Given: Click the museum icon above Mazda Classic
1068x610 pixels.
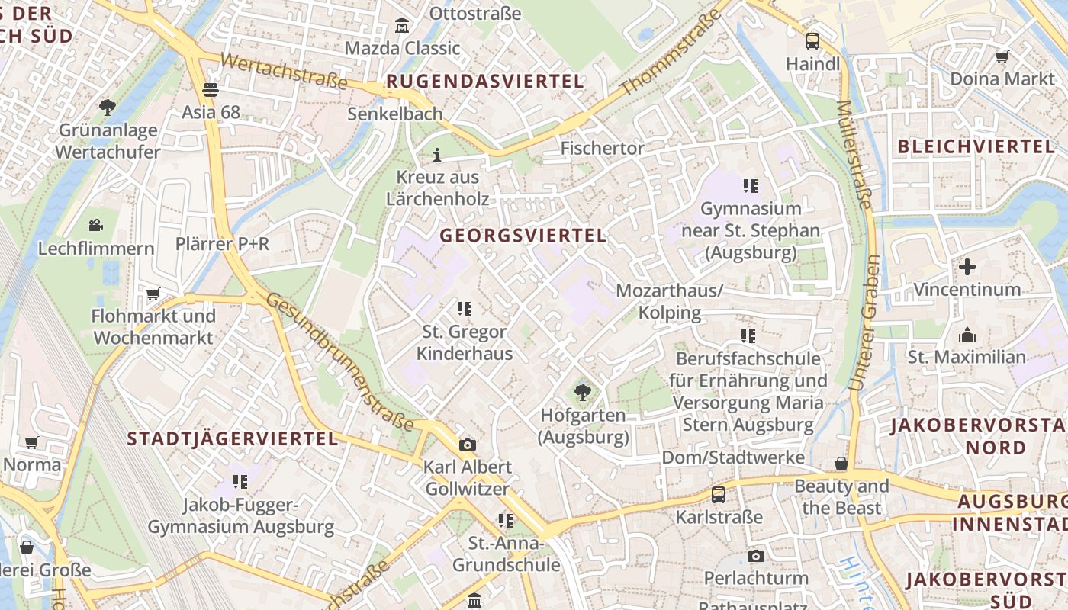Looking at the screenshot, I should click(x=402, y=27).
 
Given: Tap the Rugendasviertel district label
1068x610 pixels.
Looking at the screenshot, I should click(x=485, y=81).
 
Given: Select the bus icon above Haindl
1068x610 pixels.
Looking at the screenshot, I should click(x=812, y=41).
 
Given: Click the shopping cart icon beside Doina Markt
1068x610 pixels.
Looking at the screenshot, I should click(x=1002, y=56).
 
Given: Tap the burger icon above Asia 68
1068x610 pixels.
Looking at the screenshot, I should click(x=211, y=90).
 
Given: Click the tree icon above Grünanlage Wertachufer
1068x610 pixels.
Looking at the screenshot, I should click(x=108, y=108).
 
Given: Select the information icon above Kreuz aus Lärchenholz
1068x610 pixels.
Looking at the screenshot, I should click(x=437, y=156).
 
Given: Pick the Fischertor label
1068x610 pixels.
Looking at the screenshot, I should click(x=603, y=148).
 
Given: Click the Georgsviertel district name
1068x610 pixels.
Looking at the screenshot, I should click(x=523, y=236).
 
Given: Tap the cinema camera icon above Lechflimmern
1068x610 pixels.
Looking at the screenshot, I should click(x=95, y=226).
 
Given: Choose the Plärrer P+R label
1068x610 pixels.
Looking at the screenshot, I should click(x=223, y=244).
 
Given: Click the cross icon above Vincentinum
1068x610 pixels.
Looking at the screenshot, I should click(x=967, y=267).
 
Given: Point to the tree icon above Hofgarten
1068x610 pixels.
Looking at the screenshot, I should click(x=583, y=393).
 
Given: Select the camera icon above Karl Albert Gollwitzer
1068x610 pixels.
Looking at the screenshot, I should click(x=467, y=445).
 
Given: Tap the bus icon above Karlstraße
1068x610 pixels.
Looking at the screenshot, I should click(x=719, y=494).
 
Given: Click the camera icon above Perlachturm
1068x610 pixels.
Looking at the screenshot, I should click(x=756, y=556).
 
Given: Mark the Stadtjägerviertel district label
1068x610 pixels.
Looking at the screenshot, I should click(x=233, y=438).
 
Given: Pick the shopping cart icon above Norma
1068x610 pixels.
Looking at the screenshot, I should click(x=31, y=442).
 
